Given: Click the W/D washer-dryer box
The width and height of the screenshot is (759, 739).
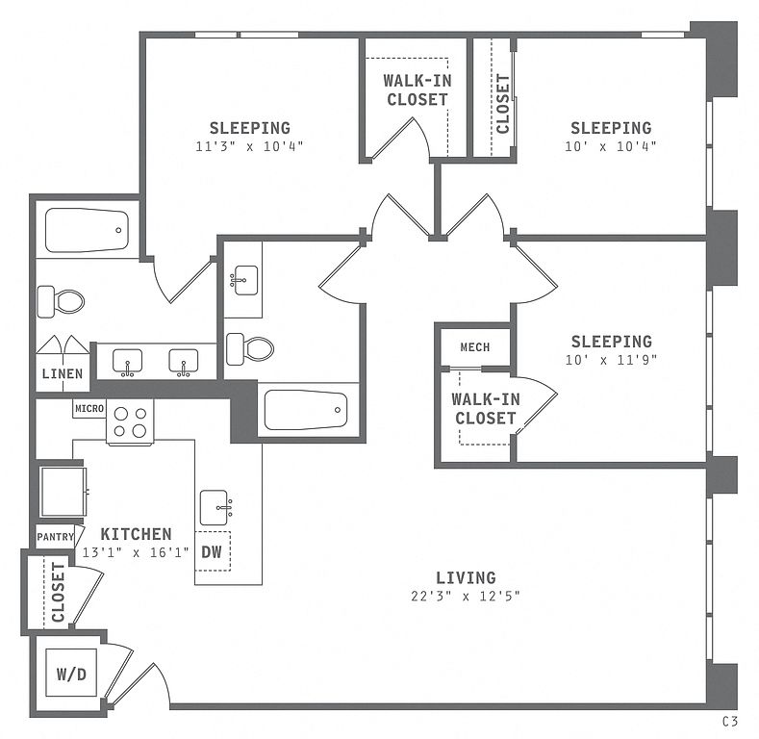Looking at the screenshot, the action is (x=71, y=673).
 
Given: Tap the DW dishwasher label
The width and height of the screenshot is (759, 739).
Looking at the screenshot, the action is (x=212, y=551).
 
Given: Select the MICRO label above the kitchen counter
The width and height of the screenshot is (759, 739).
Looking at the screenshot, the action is (x=89, y=408).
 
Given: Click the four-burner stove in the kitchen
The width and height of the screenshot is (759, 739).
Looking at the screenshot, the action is (x=130, y=421).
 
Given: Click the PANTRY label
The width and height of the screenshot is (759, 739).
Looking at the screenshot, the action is (x=55, y=537).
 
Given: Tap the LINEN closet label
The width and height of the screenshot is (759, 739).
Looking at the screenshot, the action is (x=63, y=373).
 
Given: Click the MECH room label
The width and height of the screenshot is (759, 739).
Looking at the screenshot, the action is (x=475, y=347).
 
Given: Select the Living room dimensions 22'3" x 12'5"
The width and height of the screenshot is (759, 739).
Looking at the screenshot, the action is (x=466, y=596).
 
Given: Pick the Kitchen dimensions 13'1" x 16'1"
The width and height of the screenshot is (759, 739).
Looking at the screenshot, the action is (x=136, y=552).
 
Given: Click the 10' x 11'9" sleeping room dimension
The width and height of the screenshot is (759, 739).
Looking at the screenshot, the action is (x=612, y=360).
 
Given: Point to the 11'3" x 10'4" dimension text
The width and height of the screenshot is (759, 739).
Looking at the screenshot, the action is (x=250, y=145).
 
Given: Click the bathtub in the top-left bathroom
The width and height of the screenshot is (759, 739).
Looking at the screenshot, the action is (x=88, y=230).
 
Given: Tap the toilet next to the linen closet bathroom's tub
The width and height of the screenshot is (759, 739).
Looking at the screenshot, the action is (x=61, y=302).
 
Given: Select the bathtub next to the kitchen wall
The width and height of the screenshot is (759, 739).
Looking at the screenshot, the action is (x=306, y=410).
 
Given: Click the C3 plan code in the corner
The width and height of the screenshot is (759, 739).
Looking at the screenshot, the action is (x=730, y=722).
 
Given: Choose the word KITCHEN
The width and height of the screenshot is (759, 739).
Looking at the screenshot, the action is (x=136, y=534).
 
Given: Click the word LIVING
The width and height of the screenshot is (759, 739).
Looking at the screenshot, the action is (x=466, y=577).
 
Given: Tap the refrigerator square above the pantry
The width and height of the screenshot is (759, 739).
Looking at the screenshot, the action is (x=63, y=491).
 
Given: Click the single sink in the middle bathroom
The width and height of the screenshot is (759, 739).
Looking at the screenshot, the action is (x=244, y=280).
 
